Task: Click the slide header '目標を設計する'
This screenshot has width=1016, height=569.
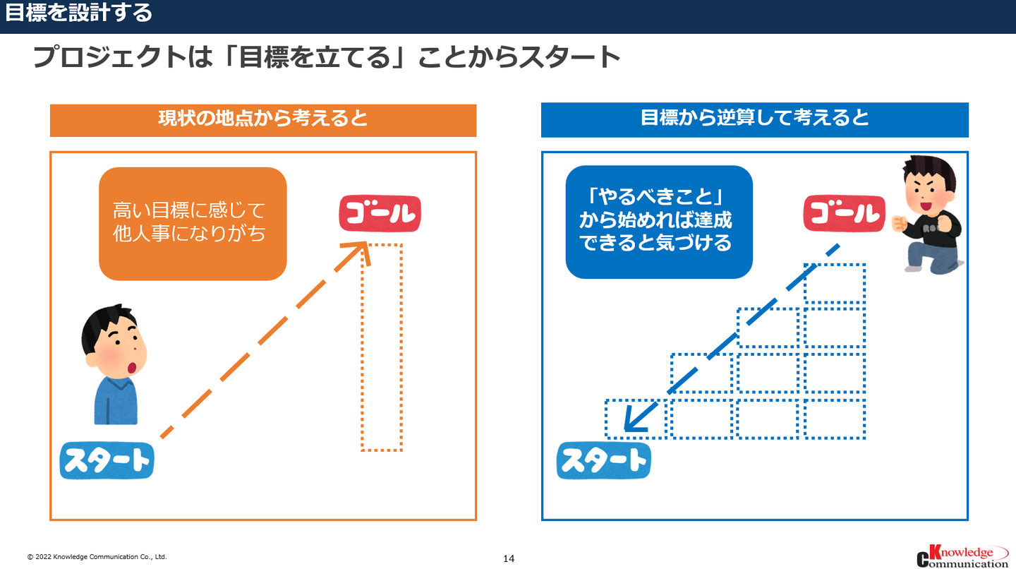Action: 78,13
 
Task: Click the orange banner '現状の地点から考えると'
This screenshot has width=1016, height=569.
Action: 263,120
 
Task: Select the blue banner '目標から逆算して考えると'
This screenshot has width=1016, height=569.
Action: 755,120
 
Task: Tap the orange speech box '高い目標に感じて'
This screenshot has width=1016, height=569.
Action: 193,224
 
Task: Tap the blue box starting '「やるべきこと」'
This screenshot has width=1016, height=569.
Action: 659,222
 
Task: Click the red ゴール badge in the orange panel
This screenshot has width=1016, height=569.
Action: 380,214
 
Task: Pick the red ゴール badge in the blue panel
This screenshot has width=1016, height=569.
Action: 844,214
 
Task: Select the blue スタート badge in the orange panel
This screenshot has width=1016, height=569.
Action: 107,460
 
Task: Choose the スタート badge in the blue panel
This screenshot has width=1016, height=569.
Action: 604,460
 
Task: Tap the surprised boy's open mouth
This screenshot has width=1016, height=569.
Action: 131,367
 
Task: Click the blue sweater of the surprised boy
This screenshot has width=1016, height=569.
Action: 116,401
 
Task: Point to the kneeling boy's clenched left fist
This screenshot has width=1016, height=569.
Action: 899,224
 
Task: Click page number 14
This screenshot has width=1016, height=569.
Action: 509,558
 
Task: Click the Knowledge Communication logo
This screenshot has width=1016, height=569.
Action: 962,556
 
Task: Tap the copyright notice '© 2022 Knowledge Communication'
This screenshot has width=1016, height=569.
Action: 97,557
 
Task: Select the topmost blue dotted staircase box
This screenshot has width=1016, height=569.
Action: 835,283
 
